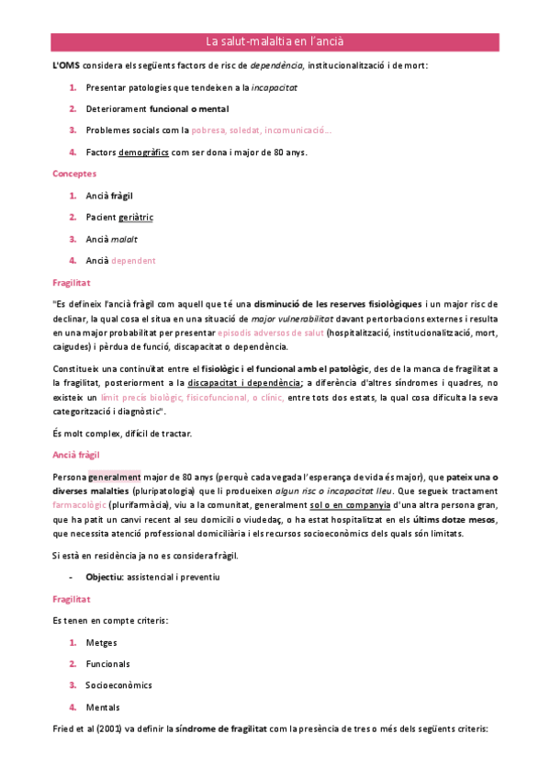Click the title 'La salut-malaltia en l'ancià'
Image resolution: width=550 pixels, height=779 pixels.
pyautogui.click(x=275, y=41)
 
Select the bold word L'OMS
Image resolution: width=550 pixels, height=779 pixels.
pyautogui.click(x=66, y=65)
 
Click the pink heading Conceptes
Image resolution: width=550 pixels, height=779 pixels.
pyautogui.click(x=74, y=173)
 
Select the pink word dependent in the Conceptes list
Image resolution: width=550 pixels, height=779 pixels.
pyautogui.click(x=133, y=260)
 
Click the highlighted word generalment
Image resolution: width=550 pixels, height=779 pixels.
pyautogui.click(x=114, y=477)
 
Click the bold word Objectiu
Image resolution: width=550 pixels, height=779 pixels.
pyautogui.click(x=106, y=576)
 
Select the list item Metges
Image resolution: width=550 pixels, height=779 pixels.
pyautogui.click(x=101, y=642)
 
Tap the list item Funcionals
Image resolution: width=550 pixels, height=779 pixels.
pyautogui.click(x=107, y=663)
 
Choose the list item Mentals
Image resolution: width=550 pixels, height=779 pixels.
pyautogui.click(x=102, y=706)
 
